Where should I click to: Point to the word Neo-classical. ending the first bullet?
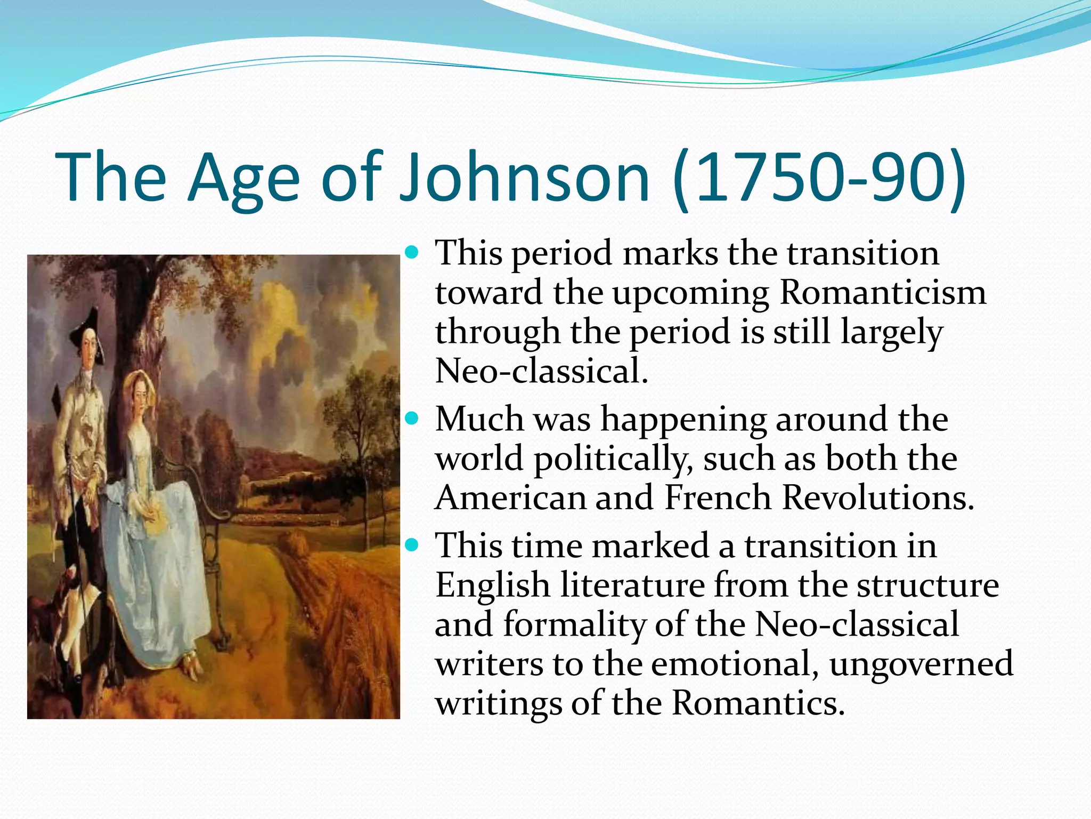541,371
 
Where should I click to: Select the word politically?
613,459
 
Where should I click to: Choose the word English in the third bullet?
493,585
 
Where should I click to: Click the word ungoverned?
921,664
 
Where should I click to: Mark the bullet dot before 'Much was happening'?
412,419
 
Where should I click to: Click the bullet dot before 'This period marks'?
412,252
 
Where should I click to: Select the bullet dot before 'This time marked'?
412,545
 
